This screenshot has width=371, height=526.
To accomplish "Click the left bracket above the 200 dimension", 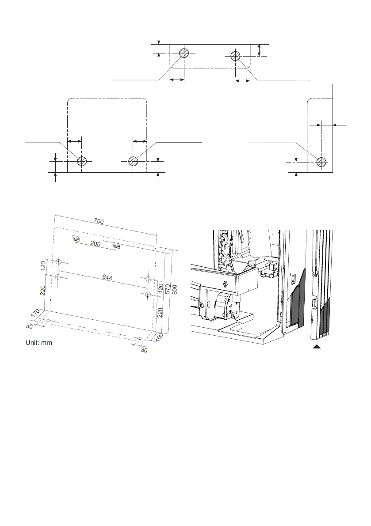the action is point(76,239).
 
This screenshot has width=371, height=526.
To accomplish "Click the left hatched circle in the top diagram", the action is point(184,53).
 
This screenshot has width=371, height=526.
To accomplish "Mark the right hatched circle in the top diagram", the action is point(236,56).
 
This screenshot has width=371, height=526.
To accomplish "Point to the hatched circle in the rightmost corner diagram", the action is point(322,162).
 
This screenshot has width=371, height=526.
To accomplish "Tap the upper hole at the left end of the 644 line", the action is point(58,262).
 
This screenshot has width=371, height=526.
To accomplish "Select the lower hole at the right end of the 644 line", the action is point(149,294).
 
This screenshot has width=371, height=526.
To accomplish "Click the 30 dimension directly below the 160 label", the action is point(144,349).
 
